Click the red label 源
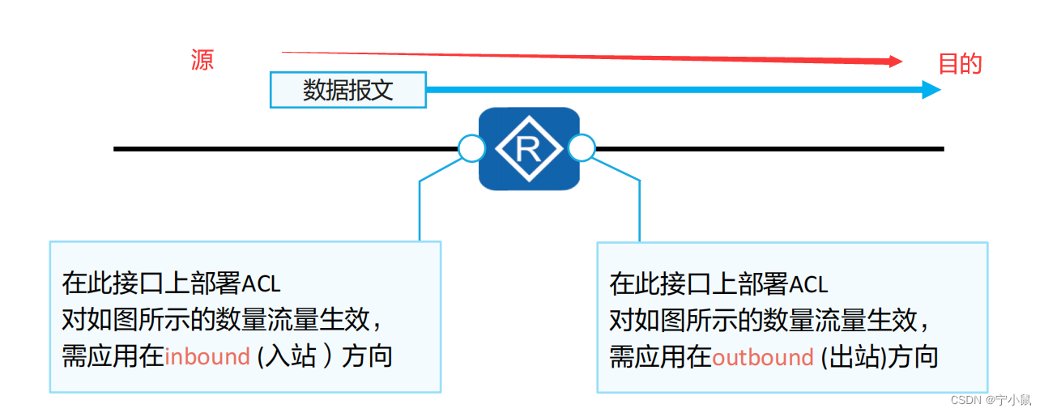[202, 61]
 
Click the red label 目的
[960, 64]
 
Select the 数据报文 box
[347, 90]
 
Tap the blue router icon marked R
[529, 149]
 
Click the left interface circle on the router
[471, 149]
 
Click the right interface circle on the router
[582, 149]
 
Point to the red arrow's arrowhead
[895, 62]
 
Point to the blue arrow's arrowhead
[931, 89]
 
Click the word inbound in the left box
[207, 357]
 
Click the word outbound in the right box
[762, 358]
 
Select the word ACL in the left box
[261, 284]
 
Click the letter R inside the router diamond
[529, 149]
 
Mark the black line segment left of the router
[283, 149]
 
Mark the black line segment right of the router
[769, 149]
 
